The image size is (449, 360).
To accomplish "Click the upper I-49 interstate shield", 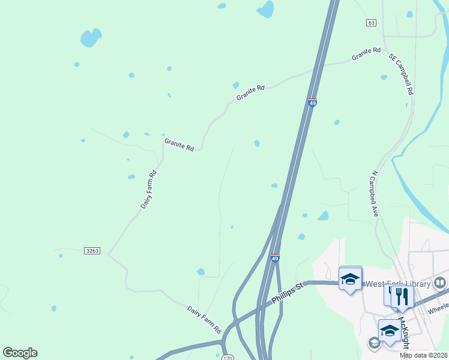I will tap(312, 103).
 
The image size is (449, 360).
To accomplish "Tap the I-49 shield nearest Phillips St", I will tap(275, 257).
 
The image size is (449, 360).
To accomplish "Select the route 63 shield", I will tap(371, 23).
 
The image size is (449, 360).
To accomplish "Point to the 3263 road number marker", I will tap(92, 250).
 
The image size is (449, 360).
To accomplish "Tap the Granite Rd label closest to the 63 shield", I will tap(366, 54).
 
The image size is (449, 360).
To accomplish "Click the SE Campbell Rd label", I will tap(402, 74).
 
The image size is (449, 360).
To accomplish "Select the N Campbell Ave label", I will tap(375, 193).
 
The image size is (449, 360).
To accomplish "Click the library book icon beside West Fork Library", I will tap(440, 283).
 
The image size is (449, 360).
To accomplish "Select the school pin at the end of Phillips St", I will tap(350, 278).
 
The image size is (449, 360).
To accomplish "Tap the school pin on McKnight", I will tap(389, 331).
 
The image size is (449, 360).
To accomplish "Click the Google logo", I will tap(20, 353).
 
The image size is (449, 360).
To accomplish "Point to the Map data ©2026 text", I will tap(424, 355).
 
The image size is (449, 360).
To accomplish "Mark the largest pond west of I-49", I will tap(89, 38).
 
